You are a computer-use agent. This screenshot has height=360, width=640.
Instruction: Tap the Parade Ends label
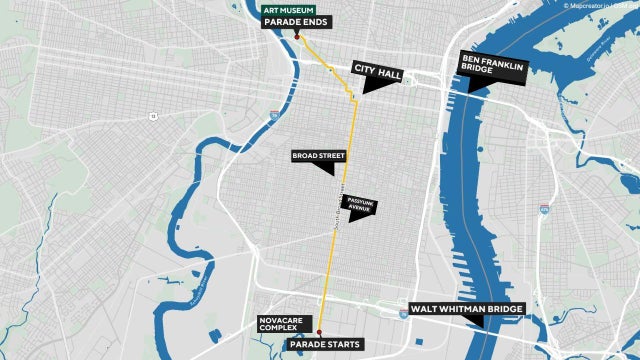pos(295,23)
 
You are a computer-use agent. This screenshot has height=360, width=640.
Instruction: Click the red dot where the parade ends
pos(298,37)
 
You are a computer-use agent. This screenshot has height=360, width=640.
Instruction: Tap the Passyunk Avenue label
pos(359,204)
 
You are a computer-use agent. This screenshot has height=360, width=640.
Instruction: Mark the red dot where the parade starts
pos(320,332)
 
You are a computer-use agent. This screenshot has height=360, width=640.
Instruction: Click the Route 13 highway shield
pos(153,116)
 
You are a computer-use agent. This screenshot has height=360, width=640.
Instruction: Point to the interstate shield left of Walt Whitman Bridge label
pos(402,314)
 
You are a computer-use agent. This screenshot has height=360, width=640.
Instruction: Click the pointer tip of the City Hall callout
pos(365,93)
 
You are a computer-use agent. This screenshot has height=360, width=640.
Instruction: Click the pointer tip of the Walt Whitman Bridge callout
pos(483,327)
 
